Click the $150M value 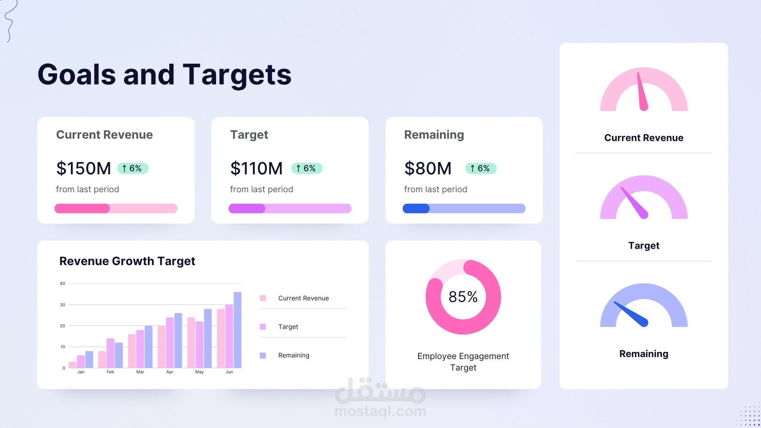click(x=84, y=168)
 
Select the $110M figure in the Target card click(x=256, y=168)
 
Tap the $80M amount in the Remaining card click(x=428, y=168)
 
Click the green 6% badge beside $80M click(x=481, y=168)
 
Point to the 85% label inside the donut click(x=463, y=297)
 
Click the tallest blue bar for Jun click(x=237, y=330)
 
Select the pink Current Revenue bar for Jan click(x=73, y=365)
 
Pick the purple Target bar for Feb click(x=111, y=353)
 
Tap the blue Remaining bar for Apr click(x=178, y=340)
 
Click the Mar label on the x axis click(x=140, y=372)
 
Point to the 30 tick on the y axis click(x=63, y=305)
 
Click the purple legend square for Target click(x=263, y=327)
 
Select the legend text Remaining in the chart click(x=294, y=355)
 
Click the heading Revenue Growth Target click(x=127, y=261)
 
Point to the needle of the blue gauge click(x=631, y=313)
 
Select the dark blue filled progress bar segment click(x=416, y=208)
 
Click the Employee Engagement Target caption click(x=463, y=362)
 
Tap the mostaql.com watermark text click(x=380, y=411)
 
